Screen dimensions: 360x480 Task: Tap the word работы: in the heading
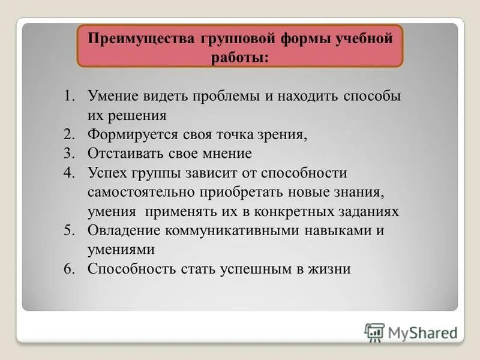[x=239, y=58]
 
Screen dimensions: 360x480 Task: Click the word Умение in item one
[x=113, y=96]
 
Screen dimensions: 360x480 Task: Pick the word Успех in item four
[x=106, y=173]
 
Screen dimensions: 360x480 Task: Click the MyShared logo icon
[x=374, y=332]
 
